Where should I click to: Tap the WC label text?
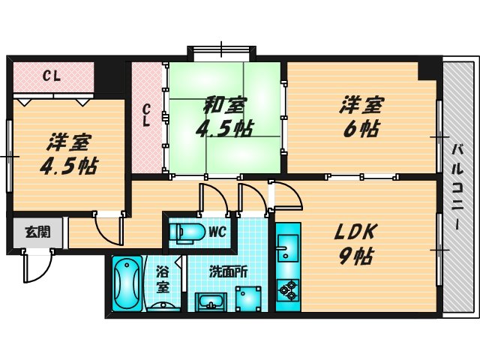coord(217,232)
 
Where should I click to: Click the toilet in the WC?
coord(187,232)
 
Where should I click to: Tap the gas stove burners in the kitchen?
coord(287,289)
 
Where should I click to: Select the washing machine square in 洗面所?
coord(248,298)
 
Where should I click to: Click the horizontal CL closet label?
coord(52,75)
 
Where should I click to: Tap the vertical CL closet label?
coord(148,116)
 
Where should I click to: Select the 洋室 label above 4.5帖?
coord(67,140)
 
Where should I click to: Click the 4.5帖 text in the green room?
coord(223,128)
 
